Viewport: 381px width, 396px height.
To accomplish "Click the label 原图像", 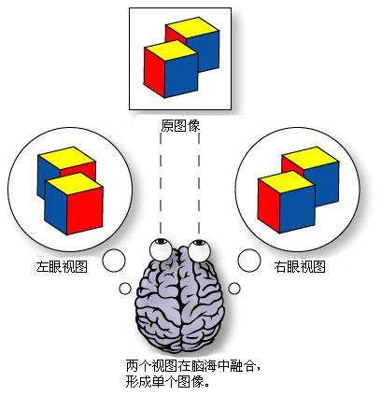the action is coord(180,126).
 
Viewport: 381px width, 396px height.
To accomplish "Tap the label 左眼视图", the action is coord(62,267).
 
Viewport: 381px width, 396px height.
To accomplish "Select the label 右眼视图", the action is coord(300,267).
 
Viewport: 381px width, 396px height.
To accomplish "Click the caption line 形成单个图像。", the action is coord(167,381).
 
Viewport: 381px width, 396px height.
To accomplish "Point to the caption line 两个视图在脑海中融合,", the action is coord(193,365).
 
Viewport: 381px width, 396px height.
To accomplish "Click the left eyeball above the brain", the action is coord(162,249).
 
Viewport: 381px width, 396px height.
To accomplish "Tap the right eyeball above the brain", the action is coord(199,250).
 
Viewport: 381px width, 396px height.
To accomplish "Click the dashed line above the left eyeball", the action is coord(161,183).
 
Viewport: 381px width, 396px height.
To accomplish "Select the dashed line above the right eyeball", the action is coord(199,183).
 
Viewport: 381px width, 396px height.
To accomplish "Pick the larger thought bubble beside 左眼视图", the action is coord(114,261).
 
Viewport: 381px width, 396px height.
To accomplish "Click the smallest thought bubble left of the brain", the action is coord(125,289).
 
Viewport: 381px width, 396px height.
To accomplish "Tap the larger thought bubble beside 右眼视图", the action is coord(249,261).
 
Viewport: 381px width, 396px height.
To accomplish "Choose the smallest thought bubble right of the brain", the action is coord(234,289).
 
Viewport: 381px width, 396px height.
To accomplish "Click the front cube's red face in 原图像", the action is coord(154,72).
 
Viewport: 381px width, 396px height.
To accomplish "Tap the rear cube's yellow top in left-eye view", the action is coord(66,158).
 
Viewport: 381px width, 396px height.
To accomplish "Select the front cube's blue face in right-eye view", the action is coord(297,209).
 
